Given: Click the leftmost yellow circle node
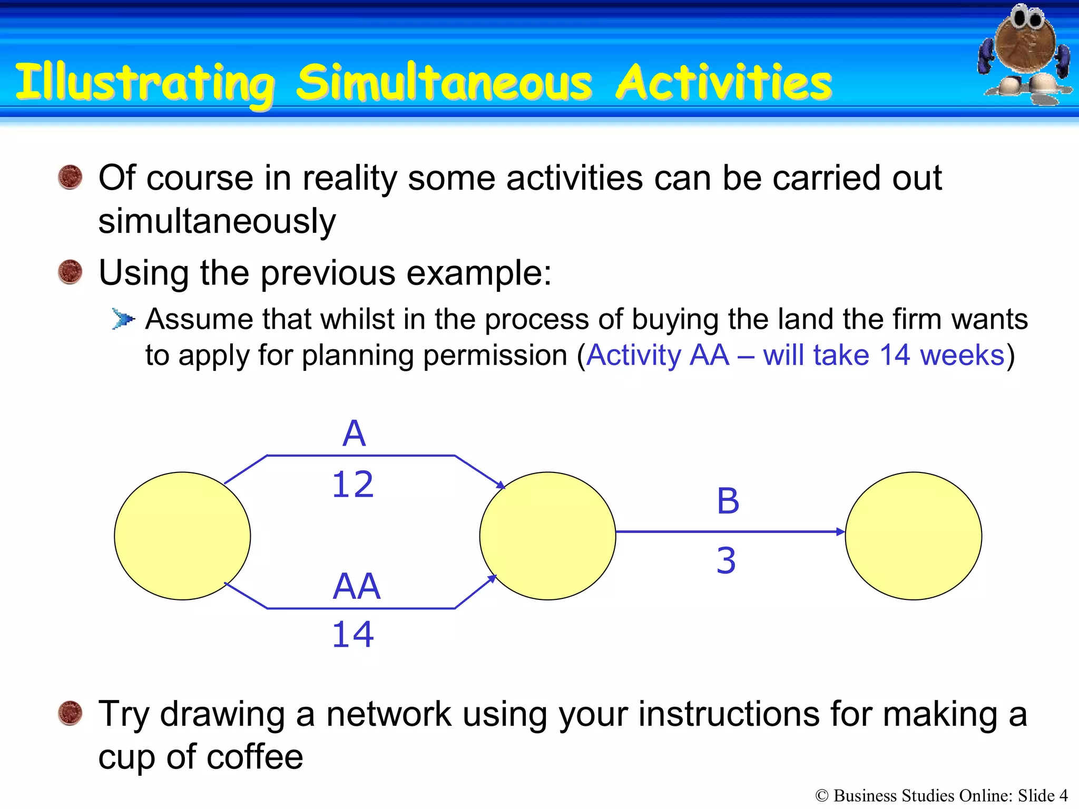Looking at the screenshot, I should [x=182, y=536].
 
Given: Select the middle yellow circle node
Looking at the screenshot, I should [x=547, y=536].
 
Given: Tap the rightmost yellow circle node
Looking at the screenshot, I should [x=913, y=536].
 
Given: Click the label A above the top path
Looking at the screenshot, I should [x=354, y=434].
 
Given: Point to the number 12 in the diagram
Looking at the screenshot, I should [x=352, y=485].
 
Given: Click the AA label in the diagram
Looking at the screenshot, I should [x=357, y=586].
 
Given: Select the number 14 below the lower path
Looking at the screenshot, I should [x=352, y=634].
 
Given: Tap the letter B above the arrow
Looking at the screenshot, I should [x=728, y=501].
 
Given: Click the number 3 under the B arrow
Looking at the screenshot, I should [x=726, y=560].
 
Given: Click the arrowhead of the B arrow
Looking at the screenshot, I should [x=841, y=532].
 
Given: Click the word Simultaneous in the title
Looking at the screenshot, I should [x=444, y=83].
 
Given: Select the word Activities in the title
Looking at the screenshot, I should [x=724, y=83].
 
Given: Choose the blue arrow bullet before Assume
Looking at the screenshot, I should [x=123, y=319].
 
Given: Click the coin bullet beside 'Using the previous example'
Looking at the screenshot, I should [x=70, y=272].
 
